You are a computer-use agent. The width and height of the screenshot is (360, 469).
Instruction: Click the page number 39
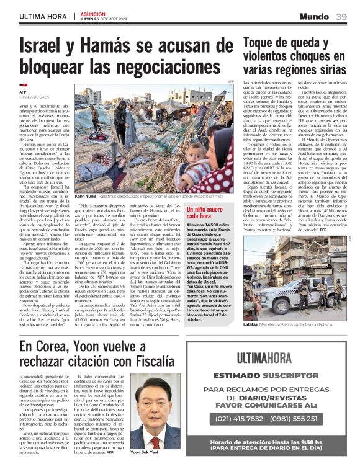(341, 16)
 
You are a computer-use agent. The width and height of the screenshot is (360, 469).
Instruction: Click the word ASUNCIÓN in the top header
(94, 13)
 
